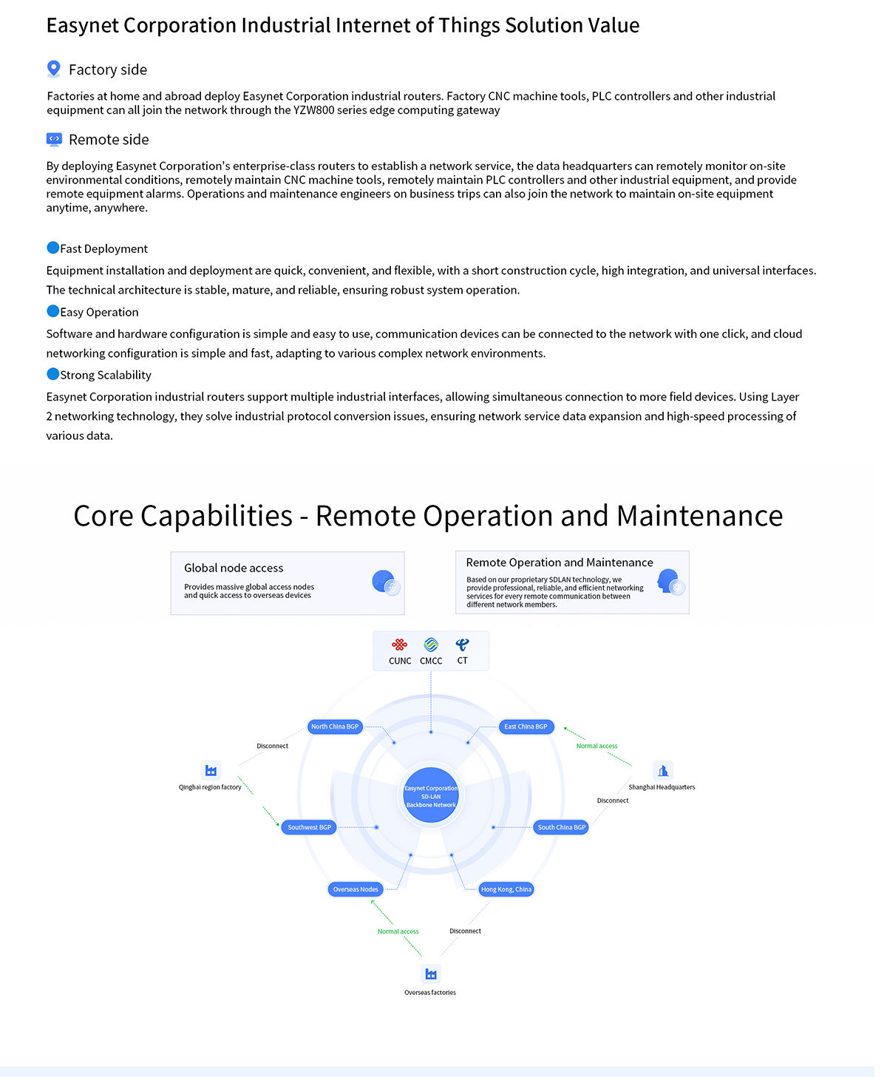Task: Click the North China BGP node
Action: pyautogui.click(x=335, y=727)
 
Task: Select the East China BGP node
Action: pyautogui.click(x=526, y=727)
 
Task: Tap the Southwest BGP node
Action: pyautogui.click(x=309, y=827)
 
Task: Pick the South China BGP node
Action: pyautogui.click(x=561, y=827)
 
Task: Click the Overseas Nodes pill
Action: pyautogui.click(x=356, y=889)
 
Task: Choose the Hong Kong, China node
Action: pyautogui.click(x=506, y=889)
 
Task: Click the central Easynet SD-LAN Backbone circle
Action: pyautogui.click(x=431, y=796)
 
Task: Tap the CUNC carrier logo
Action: pyautogui.click(x=400, y=645)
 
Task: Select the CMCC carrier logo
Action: pyautogui.click(x=431, y=645)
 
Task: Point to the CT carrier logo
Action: pyautogui.click(x=463, y=645)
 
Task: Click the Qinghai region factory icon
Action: pyautogui.click(x=211, y=770)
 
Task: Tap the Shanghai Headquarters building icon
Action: pyautogui.click(x=663, y=770)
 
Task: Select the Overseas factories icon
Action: pyautogui.click(x=431, y=974)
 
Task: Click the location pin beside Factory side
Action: pyautogui.click(x=53, y=69)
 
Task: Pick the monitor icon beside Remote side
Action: pyautogui.click(x=54, y=139)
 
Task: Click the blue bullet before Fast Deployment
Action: pyautogui.click(x=52, y=248)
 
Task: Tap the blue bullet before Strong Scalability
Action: pyautogui.click(x=52, y=374)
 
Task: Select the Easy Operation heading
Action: pyautogui.click(x=99, y=312)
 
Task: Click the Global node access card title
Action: pyautogui.click(x=234, y=568)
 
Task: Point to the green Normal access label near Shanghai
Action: pyautogui.click(x=597, y=746)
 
